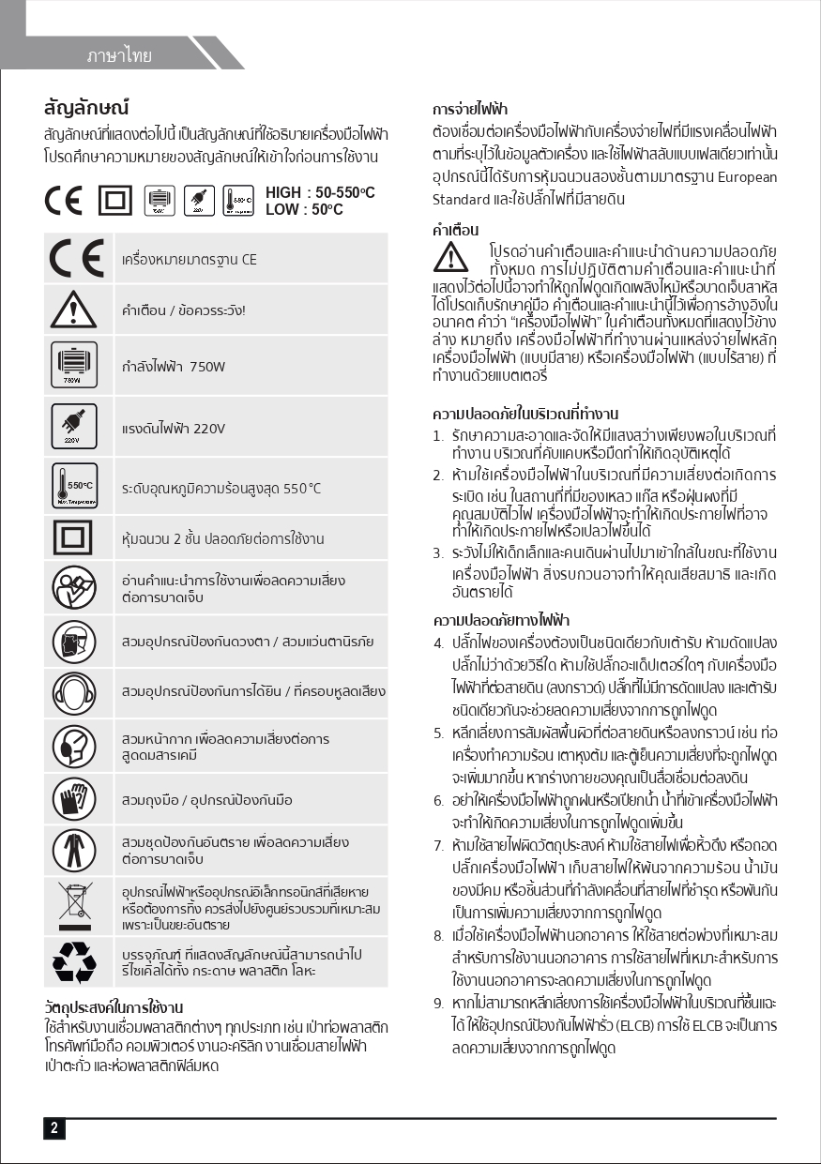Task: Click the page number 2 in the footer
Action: coord(53,1128)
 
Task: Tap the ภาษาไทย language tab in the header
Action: coord(119,55)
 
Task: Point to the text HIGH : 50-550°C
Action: coord(320,192)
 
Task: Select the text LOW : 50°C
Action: coord(304,209)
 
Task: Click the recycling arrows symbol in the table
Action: coord(74,960)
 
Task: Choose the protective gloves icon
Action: coord(74,798)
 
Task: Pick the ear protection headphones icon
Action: coord(74,692)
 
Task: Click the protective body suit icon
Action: coord(74,850)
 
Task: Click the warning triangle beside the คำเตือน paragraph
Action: coord(450,255)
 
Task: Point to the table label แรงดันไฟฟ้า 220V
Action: coord(174,429)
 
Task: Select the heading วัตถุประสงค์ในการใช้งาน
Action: coord(114,1008)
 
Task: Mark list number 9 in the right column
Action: coord(438,1003)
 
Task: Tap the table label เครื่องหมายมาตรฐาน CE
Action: coord(189,259)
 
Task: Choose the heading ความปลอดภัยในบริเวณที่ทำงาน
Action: coord(525,414)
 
